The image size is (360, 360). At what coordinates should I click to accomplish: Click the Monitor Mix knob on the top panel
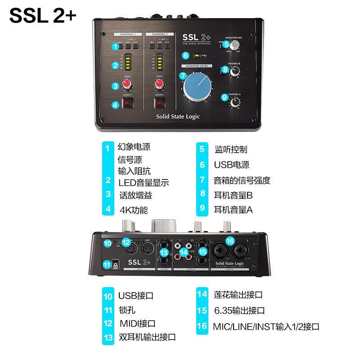[x=235, y=45]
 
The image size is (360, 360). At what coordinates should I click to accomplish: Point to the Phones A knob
[x=234, y=102]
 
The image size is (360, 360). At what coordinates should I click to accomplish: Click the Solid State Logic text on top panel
[x=178, y=117]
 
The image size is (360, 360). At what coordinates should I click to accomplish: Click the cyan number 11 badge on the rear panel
[x=107, y=265]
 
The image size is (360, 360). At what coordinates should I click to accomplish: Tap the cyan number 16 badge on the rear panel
[x=230, y=241]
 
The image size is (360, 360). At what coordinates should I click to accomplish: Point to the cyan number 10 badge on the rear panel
[x=107, y=243]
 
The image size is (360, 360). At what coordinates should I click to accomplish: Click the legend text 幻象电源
[x=134, y=147]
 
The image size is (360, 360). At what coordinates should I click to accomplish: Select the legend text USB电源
[x=231, y=165]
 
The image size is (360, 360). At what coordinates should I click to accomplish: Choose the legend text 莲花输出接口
[x=238, y=295]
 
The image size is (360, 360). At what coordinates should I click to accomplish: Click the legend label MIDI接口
[x=137, y=323]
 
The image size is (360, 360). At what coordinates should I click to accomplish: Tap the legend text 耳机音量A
[x=233, y=209]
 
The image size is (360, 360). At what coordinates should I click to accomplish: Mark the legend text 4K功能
[x=134, y=210]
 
